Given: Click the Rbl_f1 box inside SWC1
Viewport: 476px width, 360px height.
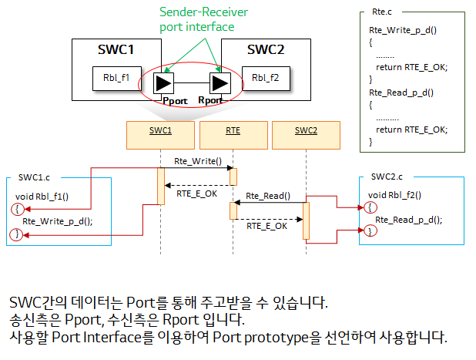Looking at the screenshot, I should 110,77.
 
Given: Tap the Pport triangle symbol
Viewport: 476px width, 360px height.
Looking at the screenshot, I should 164,82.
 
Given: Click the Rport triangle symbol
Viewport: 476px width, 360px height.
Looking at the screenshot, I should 220,82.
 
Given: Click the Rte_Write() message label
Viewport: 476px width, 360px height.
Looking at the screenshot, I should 198,162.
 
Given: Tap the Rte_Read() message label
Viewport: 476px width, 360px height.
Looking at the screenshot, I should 268,196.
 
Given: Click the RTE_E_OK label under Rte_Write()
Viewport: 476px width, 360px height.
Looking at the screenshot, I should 197,193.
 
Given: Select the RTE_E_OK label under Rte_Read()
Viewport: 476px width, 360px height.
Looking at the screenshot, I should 267,226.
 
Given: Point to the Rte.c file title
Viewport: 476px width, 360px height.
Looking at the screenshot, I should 380,13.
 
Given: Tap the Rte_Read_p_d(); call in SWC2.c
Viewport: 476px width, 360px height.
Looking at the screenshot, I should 409,219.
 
